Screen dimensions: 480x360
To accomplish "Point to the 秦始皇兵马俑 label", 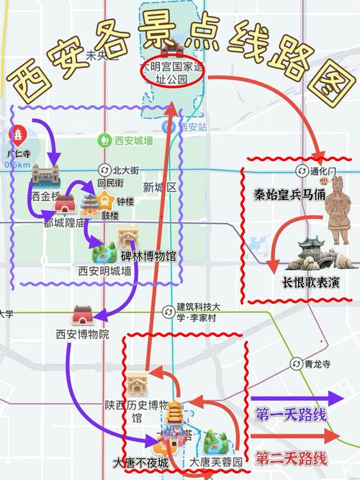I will pos(289,194).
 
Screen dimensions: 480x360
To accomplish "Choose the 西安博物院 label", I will pos(82,334).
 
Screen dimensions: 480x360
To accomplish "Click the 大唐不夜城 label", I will pos(140,461).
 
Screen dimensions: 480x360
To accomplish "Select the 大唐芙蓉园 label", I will pos(216,461).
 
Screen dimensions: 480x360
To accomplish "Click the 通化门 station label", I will pos(317,171).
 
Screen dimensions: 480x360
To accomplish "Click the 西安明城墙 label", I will pos(104,271).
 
